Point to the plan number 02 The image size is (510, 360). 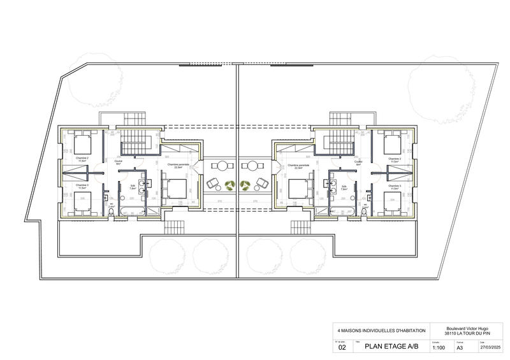[342, 348]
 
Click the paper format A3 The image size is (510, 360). [460, 348]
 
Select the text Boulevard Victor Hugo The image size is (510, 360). [469, 328]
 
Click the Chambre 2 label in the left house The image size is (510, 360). [82, 158]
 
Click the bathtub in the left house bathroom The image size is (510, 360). [133, 209]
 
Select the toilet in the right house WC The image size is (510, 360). [364, 211]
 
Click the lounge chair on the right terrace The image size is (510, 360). [261, 184]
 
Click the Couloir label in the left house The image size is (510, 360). [119, 162]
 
